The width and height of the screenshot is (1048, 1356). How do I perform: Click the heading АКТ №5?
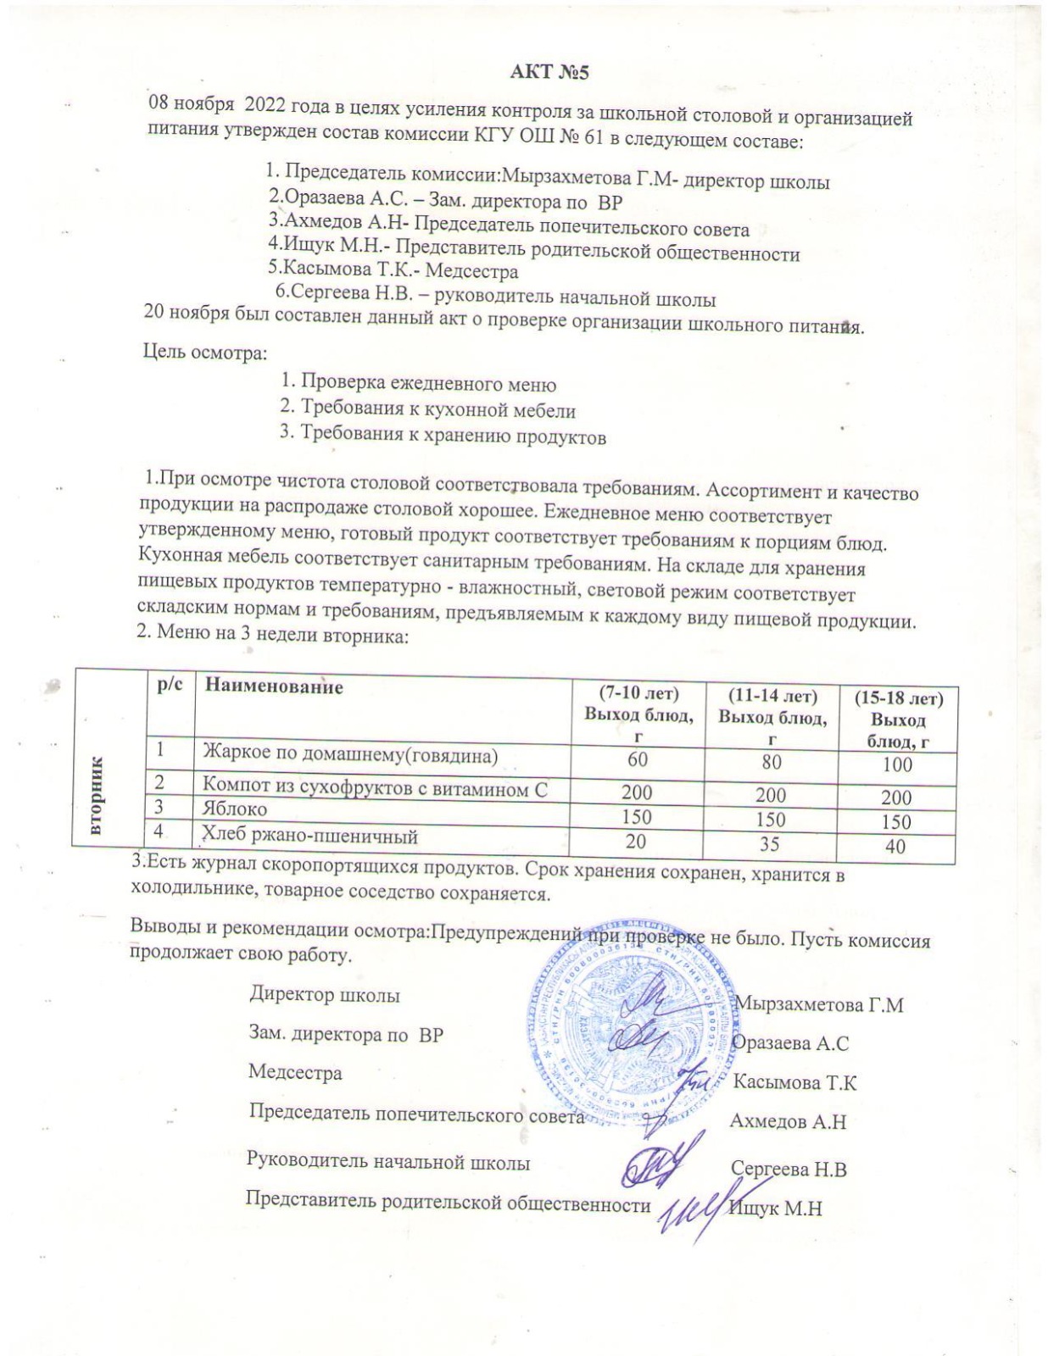pyautogui.click(x=549, y=73)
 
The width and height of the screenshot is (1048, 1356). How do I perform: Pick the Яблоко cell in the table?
pyautogui.click(x=234, y=809)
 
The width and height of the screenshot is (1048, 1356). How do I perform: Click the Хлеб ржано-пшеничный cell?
pyautogui.click(x=309, y=836)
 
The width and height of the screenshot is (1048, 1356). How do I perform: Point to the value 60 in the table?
pyautogui.click(x=638, y=760)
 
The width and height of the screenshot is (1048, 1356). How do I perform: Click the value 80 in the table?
pyautogui.click(x=771, y=762)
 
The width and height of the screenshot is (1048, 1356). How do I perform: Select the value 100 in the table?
pyautogui.click(x=896, y=764)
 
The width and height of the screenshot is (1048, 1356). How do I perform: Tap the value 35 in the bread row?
pyautogui.click(x=771, y=843)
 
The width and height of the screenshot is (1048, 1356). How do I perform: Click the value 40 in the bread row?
pyautogui.click(x=895, y=846)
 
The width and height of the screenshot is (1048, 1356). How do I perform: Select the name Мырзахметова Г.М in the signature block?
pyautogui.click(x=818, y=1006)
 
